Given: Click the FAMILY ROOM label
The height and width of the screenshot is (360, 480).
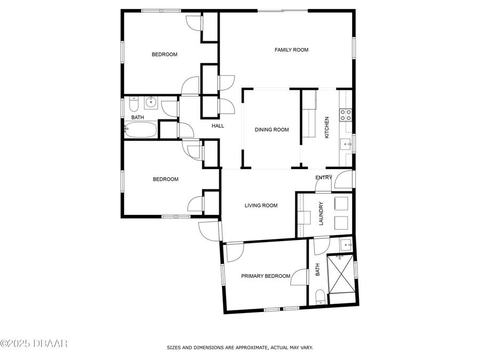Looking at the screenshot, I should (291, 50).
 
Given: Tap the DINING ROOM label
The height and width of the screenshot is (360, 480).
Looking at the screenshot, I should (271, 130).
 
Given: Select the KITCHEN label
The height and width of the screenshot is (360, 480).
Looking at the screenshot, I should (327, 128).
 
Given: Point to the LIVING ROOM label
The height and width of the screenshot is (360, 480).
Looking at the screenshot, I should (261, 205).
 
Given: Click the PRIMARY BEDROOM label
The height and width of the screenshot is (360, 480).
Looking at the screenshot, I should (266, 276).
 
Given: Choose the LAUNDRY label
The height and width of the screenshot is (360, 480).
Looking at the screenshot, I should (321, 213).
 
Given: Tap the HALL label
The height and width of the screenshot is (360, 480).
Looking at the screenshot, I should (218, 126).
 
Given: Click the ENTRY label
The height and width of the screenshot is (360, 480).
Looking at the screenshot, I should (323, 178).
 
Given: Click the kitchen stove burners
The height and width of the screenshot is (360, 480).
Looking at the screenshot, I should (346, 113).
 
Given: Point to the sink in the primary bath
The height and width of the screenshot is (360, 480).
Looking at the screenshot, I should (346, 246).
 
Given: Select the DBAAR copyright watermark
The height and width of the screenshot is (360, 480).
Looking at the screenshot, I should (34, 343).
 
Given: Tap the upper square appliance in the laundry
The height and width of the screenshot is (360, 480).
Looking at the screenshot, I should (340, 203).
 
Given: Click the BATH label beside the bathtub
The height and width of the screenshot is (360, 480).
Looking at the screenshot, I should (138, 117).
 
